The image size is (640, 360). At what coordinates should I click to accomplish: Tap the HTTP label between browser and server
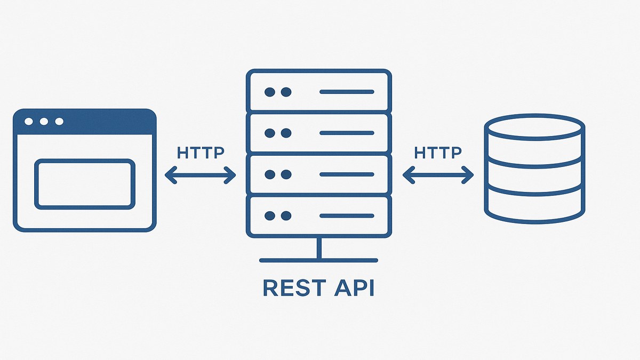tap(201, 153)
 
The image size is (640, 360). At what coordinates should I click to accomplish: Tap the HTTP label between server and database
tap(438, 153)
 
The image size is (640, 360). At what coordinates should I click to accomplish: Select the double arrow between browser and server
tap(201, 174)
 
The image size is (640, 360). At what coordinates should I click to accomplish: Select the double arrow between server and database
tap(438, 174)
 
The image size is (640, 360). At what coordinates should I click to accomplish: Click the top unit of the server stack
tap(319, 92)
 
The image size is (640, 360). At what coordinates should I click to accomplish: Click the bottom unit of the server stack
tap(319, 215)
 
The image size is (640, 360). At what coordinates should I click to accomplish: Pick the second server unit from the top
tap(319, 133)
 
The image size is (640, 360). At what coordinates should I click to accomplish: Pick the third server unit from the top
tap(319, 174)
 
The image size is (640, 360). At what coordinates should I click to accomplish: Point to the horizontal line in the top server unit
tap(347, 92)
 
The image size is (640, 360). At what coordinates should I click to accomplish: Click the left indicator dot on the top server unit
tap(270, 92)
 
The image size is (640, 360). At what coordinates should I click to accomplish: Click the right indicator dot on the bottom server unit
tap(286, 215)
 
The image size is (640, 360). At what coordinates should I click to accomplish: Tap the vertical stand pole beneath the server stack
tap(319, 248)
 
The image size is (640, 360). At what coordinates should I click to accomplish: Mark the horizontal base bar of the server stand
tap(319, 260)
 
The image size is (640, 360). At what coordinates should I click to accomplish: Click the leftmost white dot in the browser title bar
tap(29, 122)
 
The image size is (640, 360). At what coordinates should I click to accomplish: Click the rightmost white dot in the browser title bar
tap(59, 122)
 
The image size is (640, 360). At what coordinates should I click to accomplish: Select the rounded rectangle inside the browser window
tap(84, 183)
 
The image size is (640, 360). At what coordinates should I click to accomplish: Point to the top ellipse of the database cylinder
tap(534, 128)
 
